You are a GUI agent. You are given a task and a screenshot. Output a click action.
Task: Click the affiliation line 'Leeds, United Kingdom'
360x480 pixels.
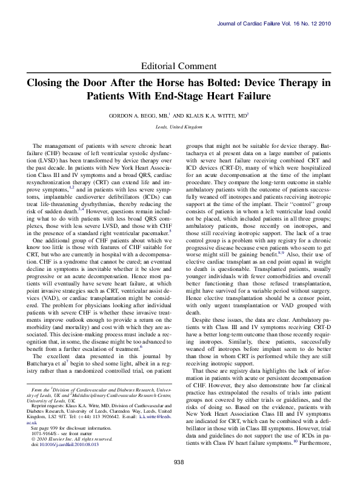(179, 127)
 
